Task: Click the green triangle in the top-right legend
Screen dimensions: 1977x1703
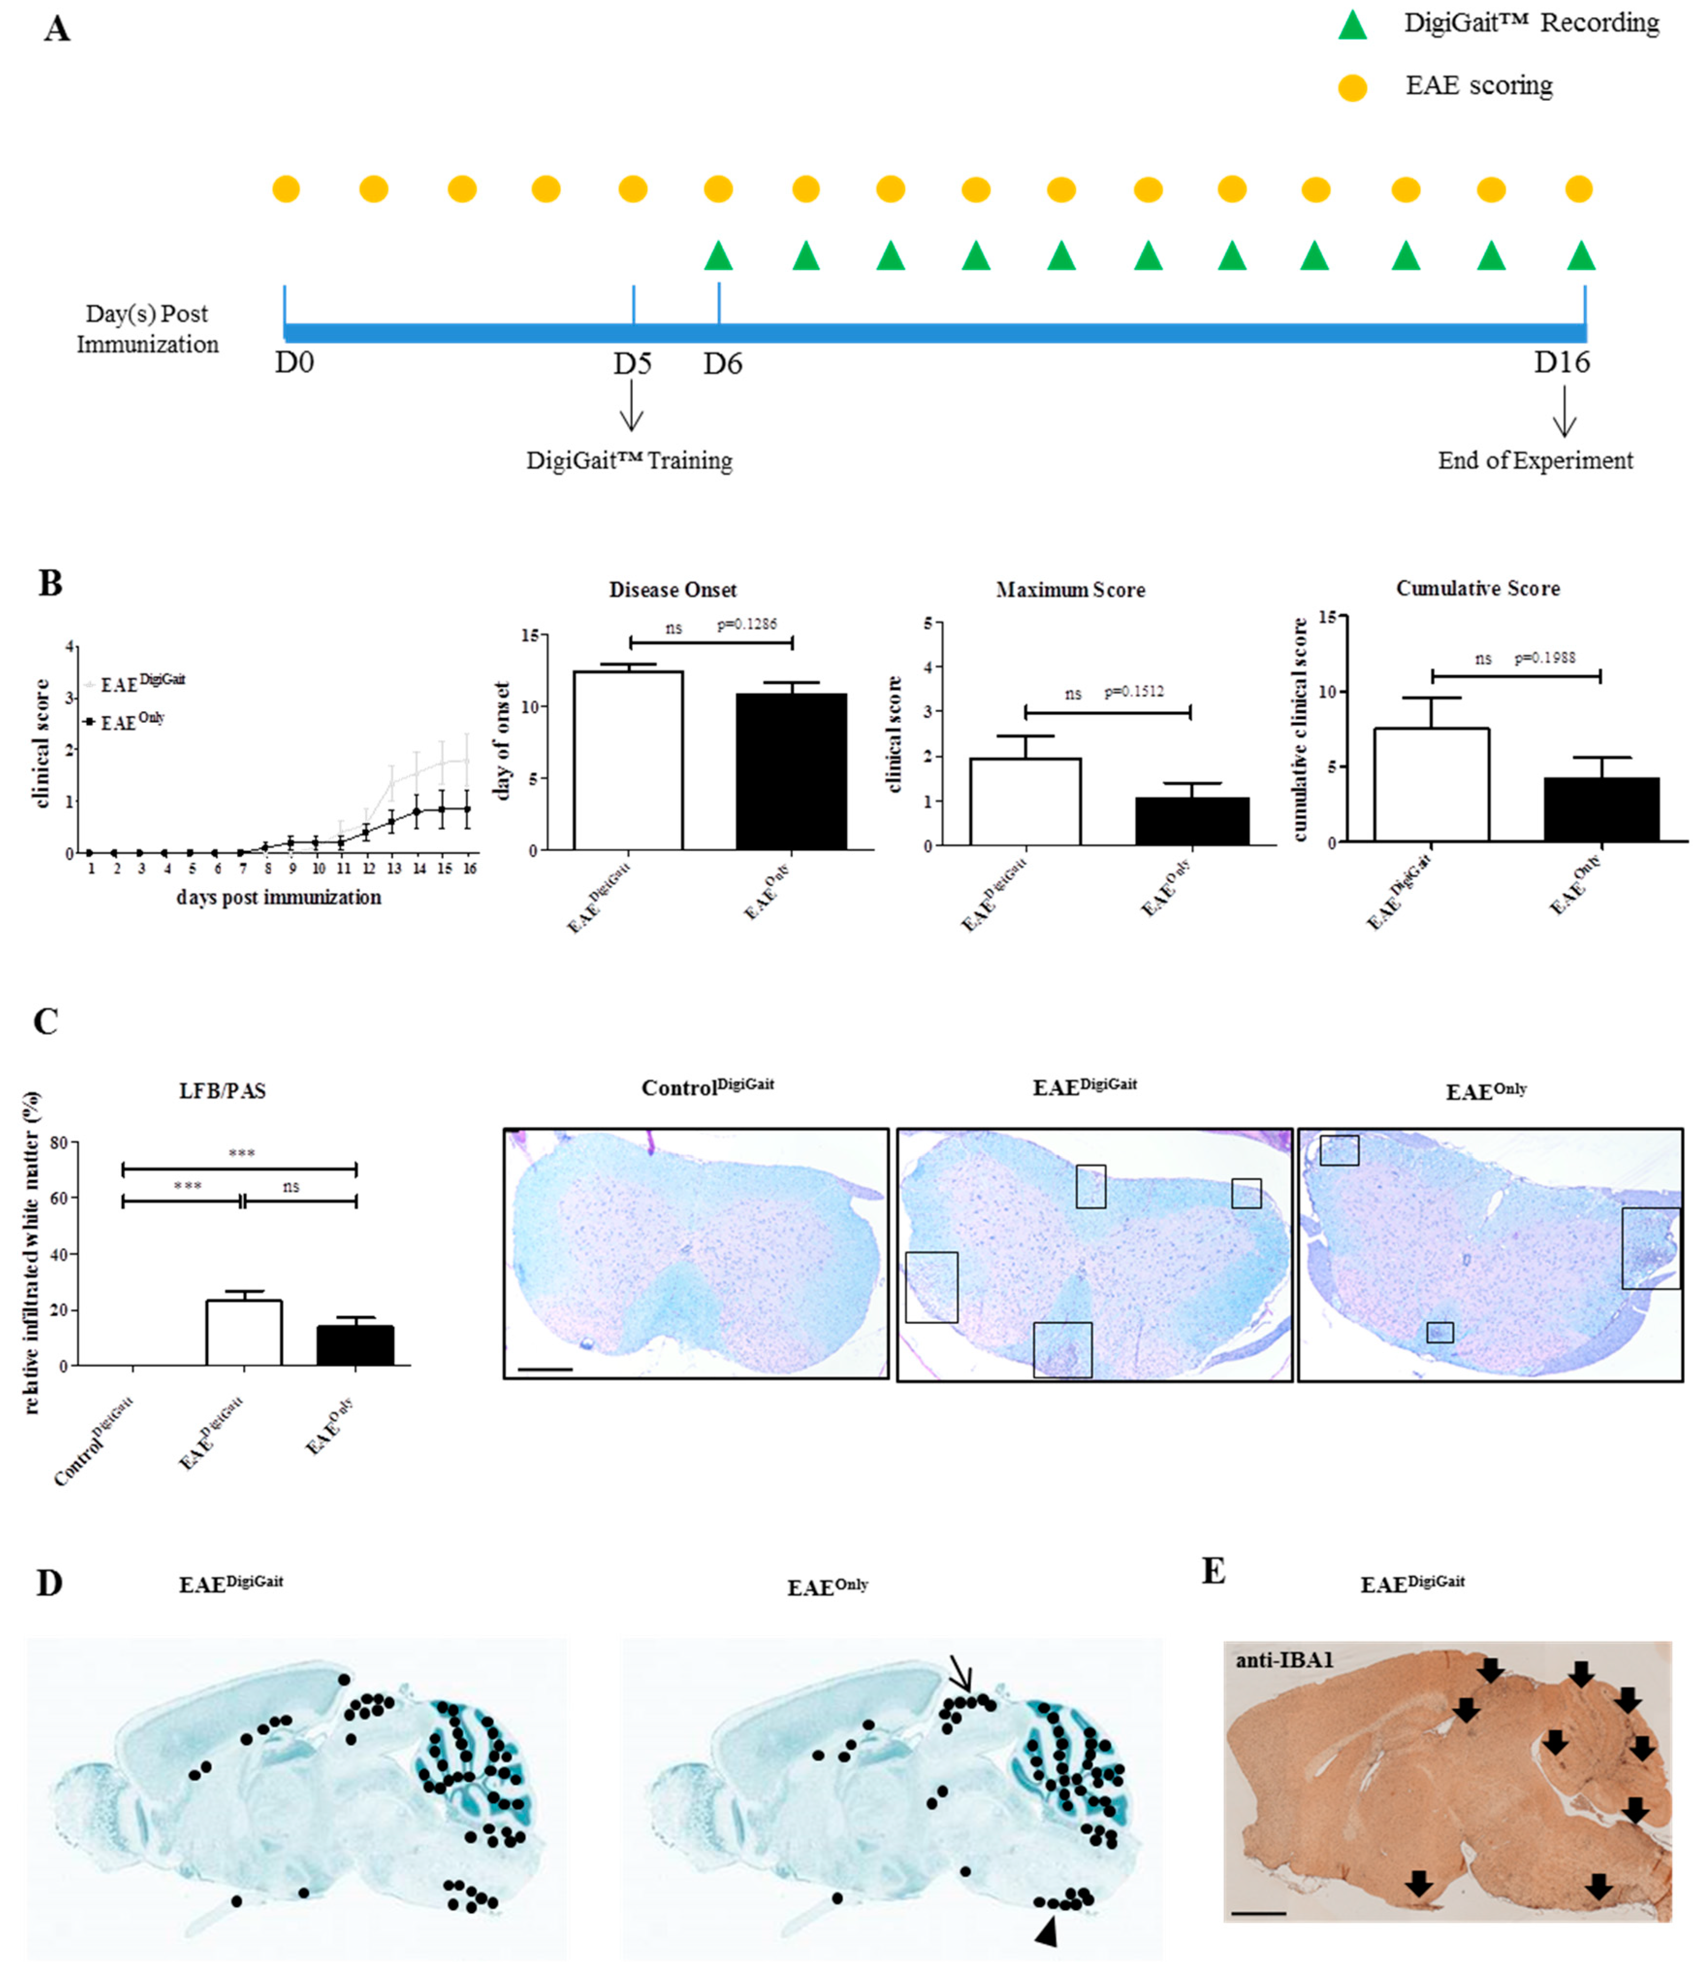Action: point(1352,26)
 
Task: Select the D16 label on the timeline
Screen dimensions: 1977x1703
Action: point(1562,362)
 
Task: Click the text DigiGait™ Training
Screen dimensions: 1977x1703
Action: point(629,461)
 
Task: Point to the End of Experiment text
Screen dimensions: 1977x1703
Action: point(1535,461)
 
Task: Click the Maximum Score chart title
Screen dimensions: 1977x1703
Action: point(1070,591)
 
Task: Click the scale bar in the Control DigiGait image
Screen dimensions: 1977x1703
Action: point(545,1369)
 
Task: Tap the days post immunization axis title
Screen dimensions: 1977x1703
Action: point(279,898)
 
